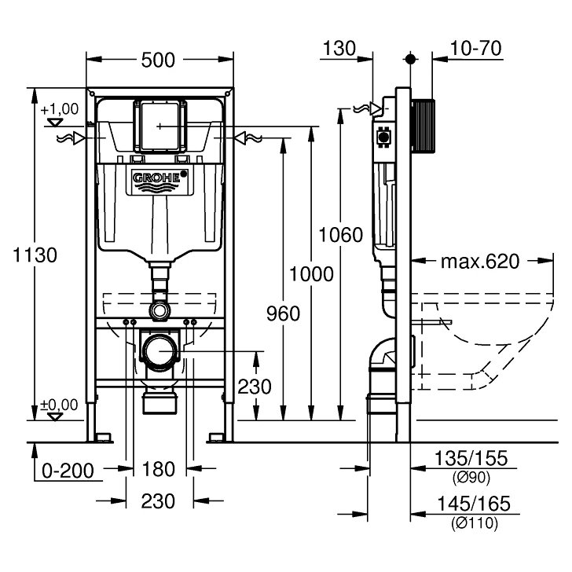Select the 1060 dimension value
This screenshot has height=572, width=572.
340,234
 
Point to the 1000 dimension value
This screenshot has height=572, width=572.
311,274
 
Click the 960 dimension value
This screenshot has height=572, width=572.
283,313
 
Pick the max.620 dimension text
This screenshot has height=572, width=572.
479,261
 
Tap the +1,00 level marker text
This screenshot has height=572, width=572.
60,109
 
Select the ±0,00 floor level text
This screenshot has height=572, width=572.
60,405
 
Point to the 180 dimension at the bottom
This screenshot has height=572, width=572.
159,470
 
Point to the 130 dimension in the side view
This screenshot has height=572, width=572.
339,49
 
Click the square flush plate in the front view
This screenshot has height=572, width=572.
161,126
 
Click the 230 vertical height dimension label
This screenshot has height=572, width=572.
255,387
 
